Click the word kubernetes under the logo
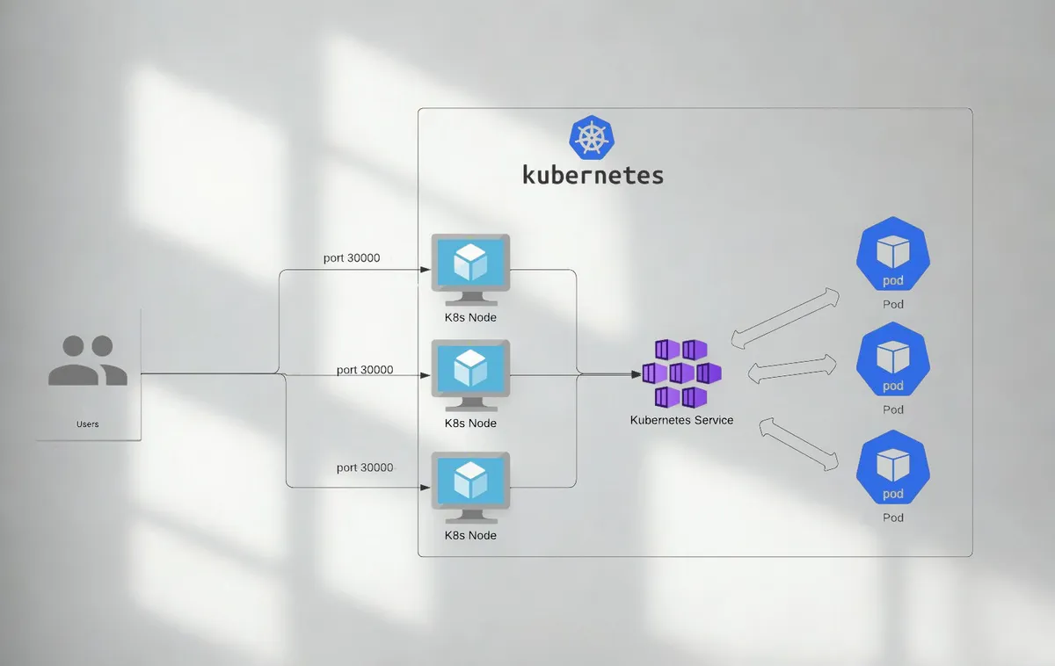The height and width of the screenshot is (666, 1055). click(593, 174)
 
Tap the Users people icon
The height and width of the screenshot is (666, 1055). click(88, 360)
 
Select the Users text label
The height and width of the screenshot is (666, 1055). click(88, 424)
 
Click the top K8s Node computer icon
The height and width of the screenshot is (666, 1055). click(470, 263)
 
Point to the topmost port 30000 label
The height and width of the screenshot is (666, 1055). click(351, 258)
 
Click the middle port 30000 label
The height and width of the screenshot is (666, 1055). click(365, 370)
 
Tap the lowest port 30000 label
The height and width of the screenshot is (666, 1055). click(365, 467)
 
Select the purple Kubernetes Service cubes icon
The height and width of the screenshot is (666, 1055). click(681, 373)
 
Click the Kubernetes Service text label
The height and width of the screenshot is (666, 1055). click(681, 420)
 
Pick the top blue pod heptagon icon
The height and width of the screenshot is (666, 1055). click(893, 255)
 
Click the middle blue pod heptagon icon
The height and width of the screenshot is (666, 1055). click(893, 360)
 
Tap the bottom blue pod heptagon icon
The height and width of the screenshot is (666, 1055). click(893, 468)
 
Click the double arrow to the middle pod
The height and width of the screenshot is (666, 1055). click(790, 369)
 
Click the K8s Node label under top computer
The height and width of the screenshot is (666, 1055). click(470, 317)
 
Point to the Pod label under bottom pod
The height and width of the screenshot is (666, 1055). click(893, 518)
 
